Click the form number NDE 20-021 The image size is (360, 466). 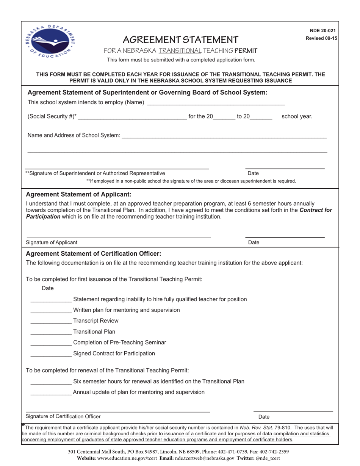coord(322,31)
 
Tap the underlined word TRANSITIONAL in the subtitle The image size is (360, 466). coord(180,51)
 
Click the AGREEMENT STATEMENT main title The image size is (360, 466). coord(181,39)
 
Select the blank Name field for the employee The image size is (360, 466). coord(216,102)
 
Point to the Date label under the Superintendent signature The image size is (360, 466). coord(253,173)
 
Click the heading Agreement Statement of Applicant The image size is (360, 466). coord(78,194)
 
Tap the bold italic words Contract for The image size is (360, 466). coord(316,210)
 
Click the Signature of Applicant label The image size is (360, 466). coord(52,242)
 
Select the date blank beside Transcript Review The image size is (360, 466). coord(51,321)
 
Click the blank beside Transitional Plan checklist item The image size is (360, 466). coord(51,332)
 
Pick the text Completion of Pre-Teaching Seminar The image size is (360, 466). coord(119,342)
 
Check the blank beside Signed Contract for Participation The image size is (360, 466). coord(51,353)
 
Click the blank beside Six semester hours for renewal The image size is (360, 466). coord(51,382)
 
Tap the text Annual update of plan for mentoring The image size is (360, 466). coord(139,392)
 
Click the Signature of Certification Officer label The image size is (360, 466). coord(63,416)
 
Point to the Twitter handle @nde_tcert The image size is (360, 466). coord(268,458)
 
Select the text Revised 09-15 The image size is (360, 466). coord(321,38)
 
